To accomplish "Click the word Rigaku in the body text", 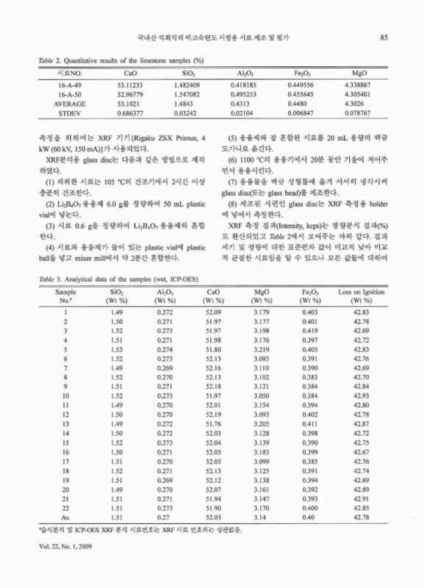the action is click(137, 137).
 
